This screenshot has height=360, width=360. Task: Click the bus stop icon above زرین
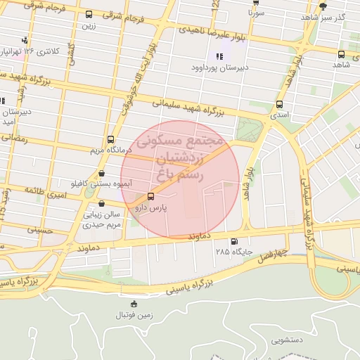click(x=89, y=15)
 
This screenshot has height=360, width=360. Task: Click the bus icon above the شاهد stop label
click(x=341, y=54)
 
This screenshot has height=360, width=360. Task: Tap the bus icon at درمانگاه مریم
click(x=110, y=139)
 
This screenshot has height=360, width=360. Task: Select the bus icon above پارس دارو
click(x=150, y=196)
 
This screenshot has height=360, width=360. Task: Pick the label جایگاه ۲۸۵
click(x=232, y=251)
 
